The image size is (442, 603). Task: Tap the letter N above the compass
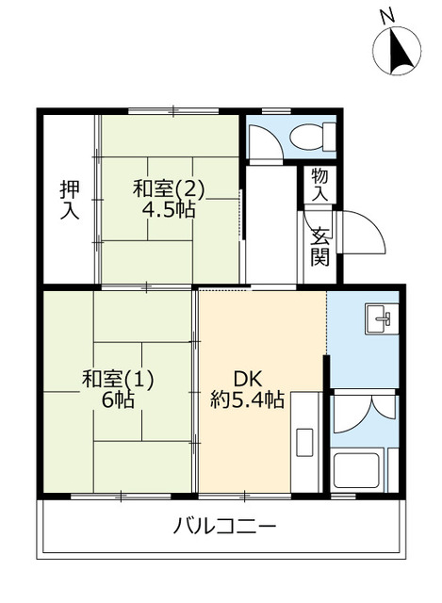point(385,15)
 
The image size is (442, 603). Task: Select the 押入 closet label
point(69,199)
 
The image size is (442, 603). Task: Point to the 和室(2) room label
point(169,188)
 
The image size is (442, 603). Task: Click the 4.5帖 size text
point(170,210)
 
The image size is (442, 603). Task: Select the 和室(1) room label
point(118,379)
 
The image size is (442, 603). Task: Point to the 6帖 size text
point(117,400)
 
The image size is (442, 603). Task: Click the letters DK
point(247,379)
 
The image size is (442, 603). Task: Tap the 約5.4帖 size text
point(247,400)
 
